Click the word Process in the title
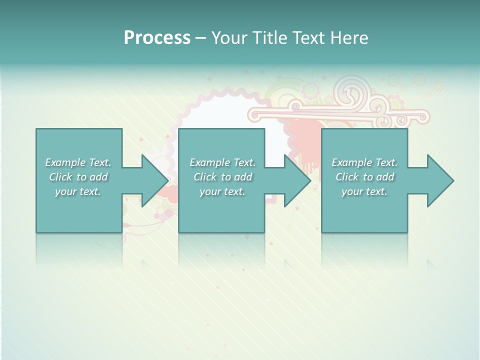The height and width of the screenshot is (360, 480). (x=157, y=38)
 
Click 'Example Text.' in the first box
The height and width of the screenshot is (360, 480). (x=78, y=162)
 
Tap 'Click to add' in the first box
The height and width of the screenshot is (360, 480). (x=78, y=177)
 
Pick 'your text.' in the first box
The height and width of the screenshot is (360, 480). (x=78, y=191)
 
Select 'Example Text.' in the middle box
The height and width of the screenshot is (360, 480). (x=222, y=162)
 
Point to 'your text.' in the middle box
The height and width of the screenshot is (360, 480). (x=222, y=191)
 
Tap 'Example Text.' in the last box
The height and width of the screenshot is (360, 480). (x=364, y=162)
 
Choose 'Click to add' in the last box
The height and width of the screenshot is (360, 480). (x=365, y=177)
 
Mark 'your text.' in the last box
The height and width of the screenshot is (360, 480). (x=364, y=191)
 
